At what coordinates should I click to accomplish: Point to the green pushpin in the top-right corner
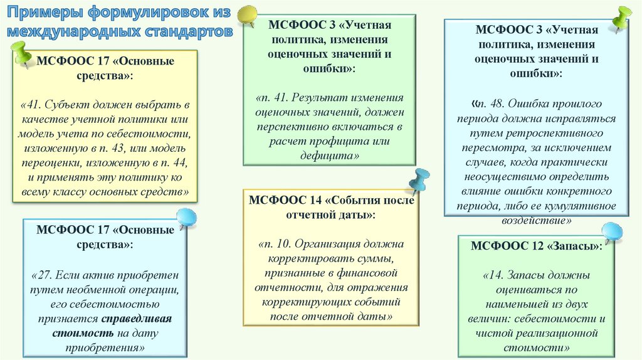622,18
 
